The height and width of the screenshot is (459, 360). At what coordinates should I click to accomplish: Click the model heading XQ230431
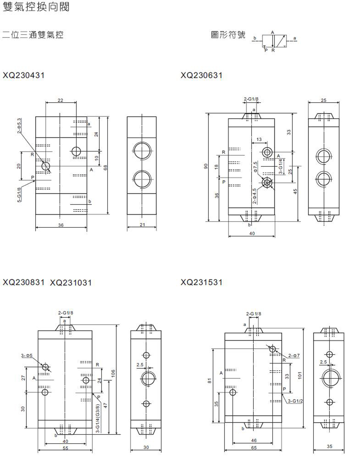coord(24,75)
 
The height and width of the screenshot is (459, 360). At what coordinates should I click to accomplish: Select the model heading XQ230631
coord(202,75)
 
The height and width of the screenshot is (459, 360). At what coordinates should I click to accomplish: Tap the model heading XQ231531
coord(202,282)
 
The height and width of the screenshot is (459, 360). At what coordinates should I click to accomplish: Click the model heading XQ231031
coord(71,282)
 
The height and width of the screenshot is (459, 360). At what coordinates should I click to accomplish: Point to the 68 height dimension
coord(105,168)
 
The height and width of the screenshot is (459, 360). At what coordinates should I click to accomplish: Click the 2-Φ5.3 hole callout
coord(19,126)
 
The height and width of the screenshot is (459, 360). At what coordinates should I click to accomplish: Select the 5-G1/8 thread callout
coord(19,195)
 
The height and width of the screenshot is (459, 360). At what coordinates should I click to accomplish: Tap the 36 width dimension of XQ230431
coord(61,225)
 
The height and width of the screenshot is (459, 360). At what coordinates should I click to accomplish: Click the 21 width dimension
coord(143,225)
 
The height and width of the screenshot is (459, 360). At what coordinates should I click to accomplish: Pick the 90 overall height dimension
coord(206,166)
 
